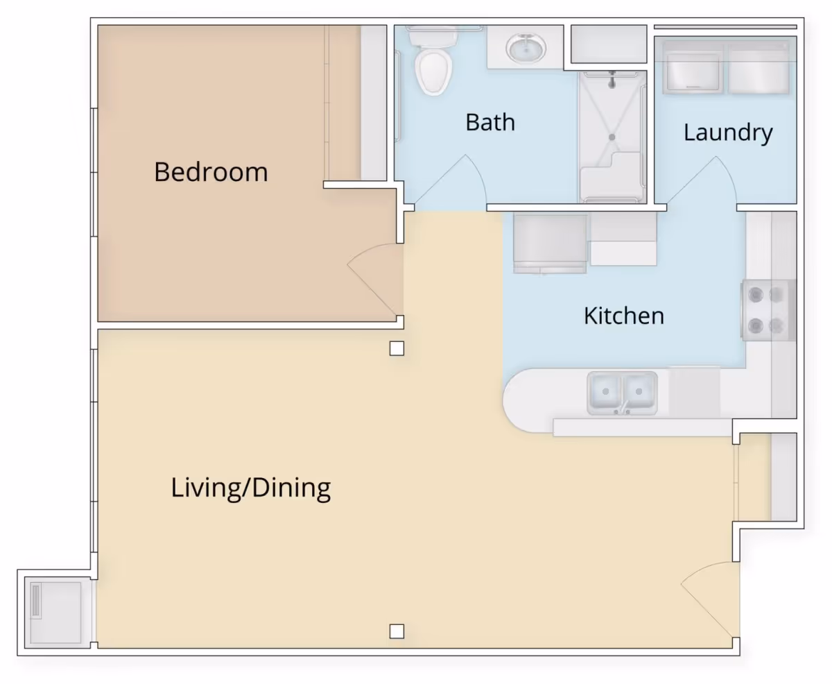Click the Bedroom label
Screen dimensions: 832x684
click(211, 172)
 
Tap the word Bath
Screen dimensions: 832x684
click(490, 122)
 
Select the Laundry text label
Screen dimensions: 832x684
click(728, 132)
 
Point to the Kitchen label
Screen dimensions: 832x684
click(624, 316)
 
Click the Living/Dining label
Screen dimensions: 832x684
click(251, 488)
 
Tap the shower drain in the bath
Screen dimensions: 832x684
click(612, 137)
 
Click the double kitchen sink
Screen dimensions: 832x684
click(622, 393)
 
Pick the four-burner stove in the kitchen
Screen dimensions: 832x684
click(768, 310)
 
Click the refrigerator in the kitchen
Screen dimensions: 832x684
click(550, 243)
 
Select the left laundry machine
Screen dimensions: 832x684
click(693, 68)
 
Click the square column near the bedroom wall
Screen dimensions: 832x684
click(397, 348)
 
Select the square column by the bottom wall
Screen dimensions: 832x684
click(397, 631)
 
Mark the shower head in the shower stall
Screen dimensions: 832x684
click(612, 80)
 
